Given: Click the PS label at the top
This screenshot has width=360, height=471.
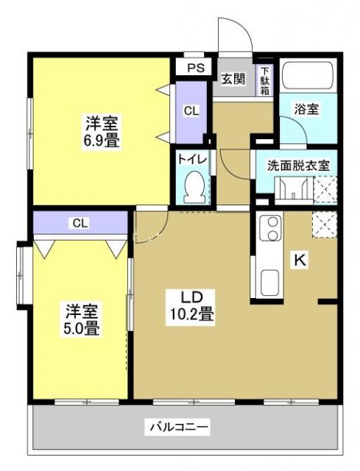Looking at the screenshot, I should (194, 68).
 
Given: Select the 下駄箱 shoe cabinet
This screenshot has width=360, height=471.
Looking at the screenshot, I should (264, 80).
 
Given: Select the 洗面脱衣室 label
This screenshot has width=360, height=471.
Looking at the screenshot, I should (297, 164).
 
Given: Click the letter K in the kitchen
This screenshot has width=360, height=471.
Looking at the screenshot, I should (300, 258).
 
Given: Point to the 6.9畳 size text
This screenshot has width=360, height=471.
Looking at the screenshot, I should (102, 138).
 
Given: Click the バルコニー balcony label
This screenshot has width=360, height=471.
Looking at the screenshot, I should (180, 426).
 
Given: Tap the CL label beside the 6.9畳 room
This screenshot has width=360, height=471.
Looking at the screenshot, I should (191, 111).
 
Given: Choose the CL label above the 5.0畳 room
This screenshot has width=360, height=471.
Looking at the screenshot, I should (80, 222).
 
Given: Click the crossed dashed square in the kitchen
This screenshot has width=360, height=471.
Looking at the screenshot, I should (323, 223).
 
